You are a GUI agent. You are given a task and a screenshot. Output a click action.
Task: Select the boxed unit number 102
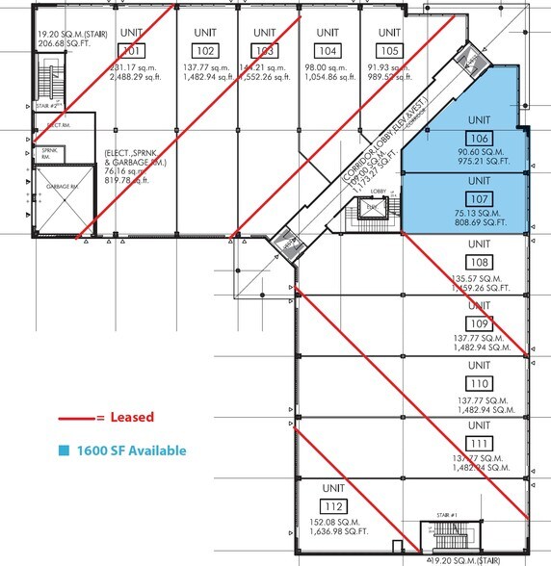(204, 50)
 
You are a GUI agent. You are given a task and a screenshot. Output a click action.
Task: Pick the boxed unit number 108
(479, 262)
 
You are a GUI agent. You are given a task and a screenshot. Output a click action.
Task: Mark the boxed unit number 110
(479, 382)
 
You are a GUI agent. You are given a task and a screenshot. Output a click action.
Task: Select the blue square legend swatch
(65, 450)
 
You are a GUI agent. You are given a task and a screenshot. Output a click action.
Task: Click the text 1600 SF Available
(132, 450)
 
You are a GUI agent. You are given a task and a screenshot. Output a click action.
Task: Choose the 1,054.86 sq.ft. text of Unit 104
(329, 77)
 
